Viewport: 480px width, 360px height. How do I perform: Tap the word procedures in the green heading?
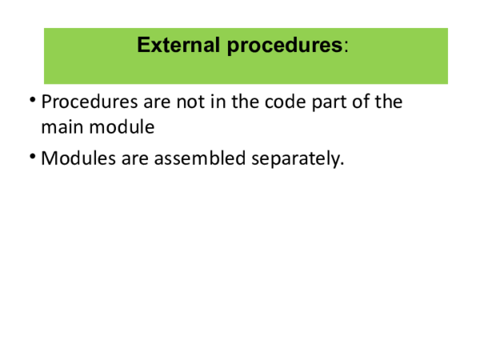pos(285,45)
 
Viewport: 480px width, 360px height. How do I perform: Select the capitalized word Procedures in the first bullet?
pos(87,102)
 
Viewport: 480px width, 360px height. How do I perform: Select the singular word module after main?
pos(124,126)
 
